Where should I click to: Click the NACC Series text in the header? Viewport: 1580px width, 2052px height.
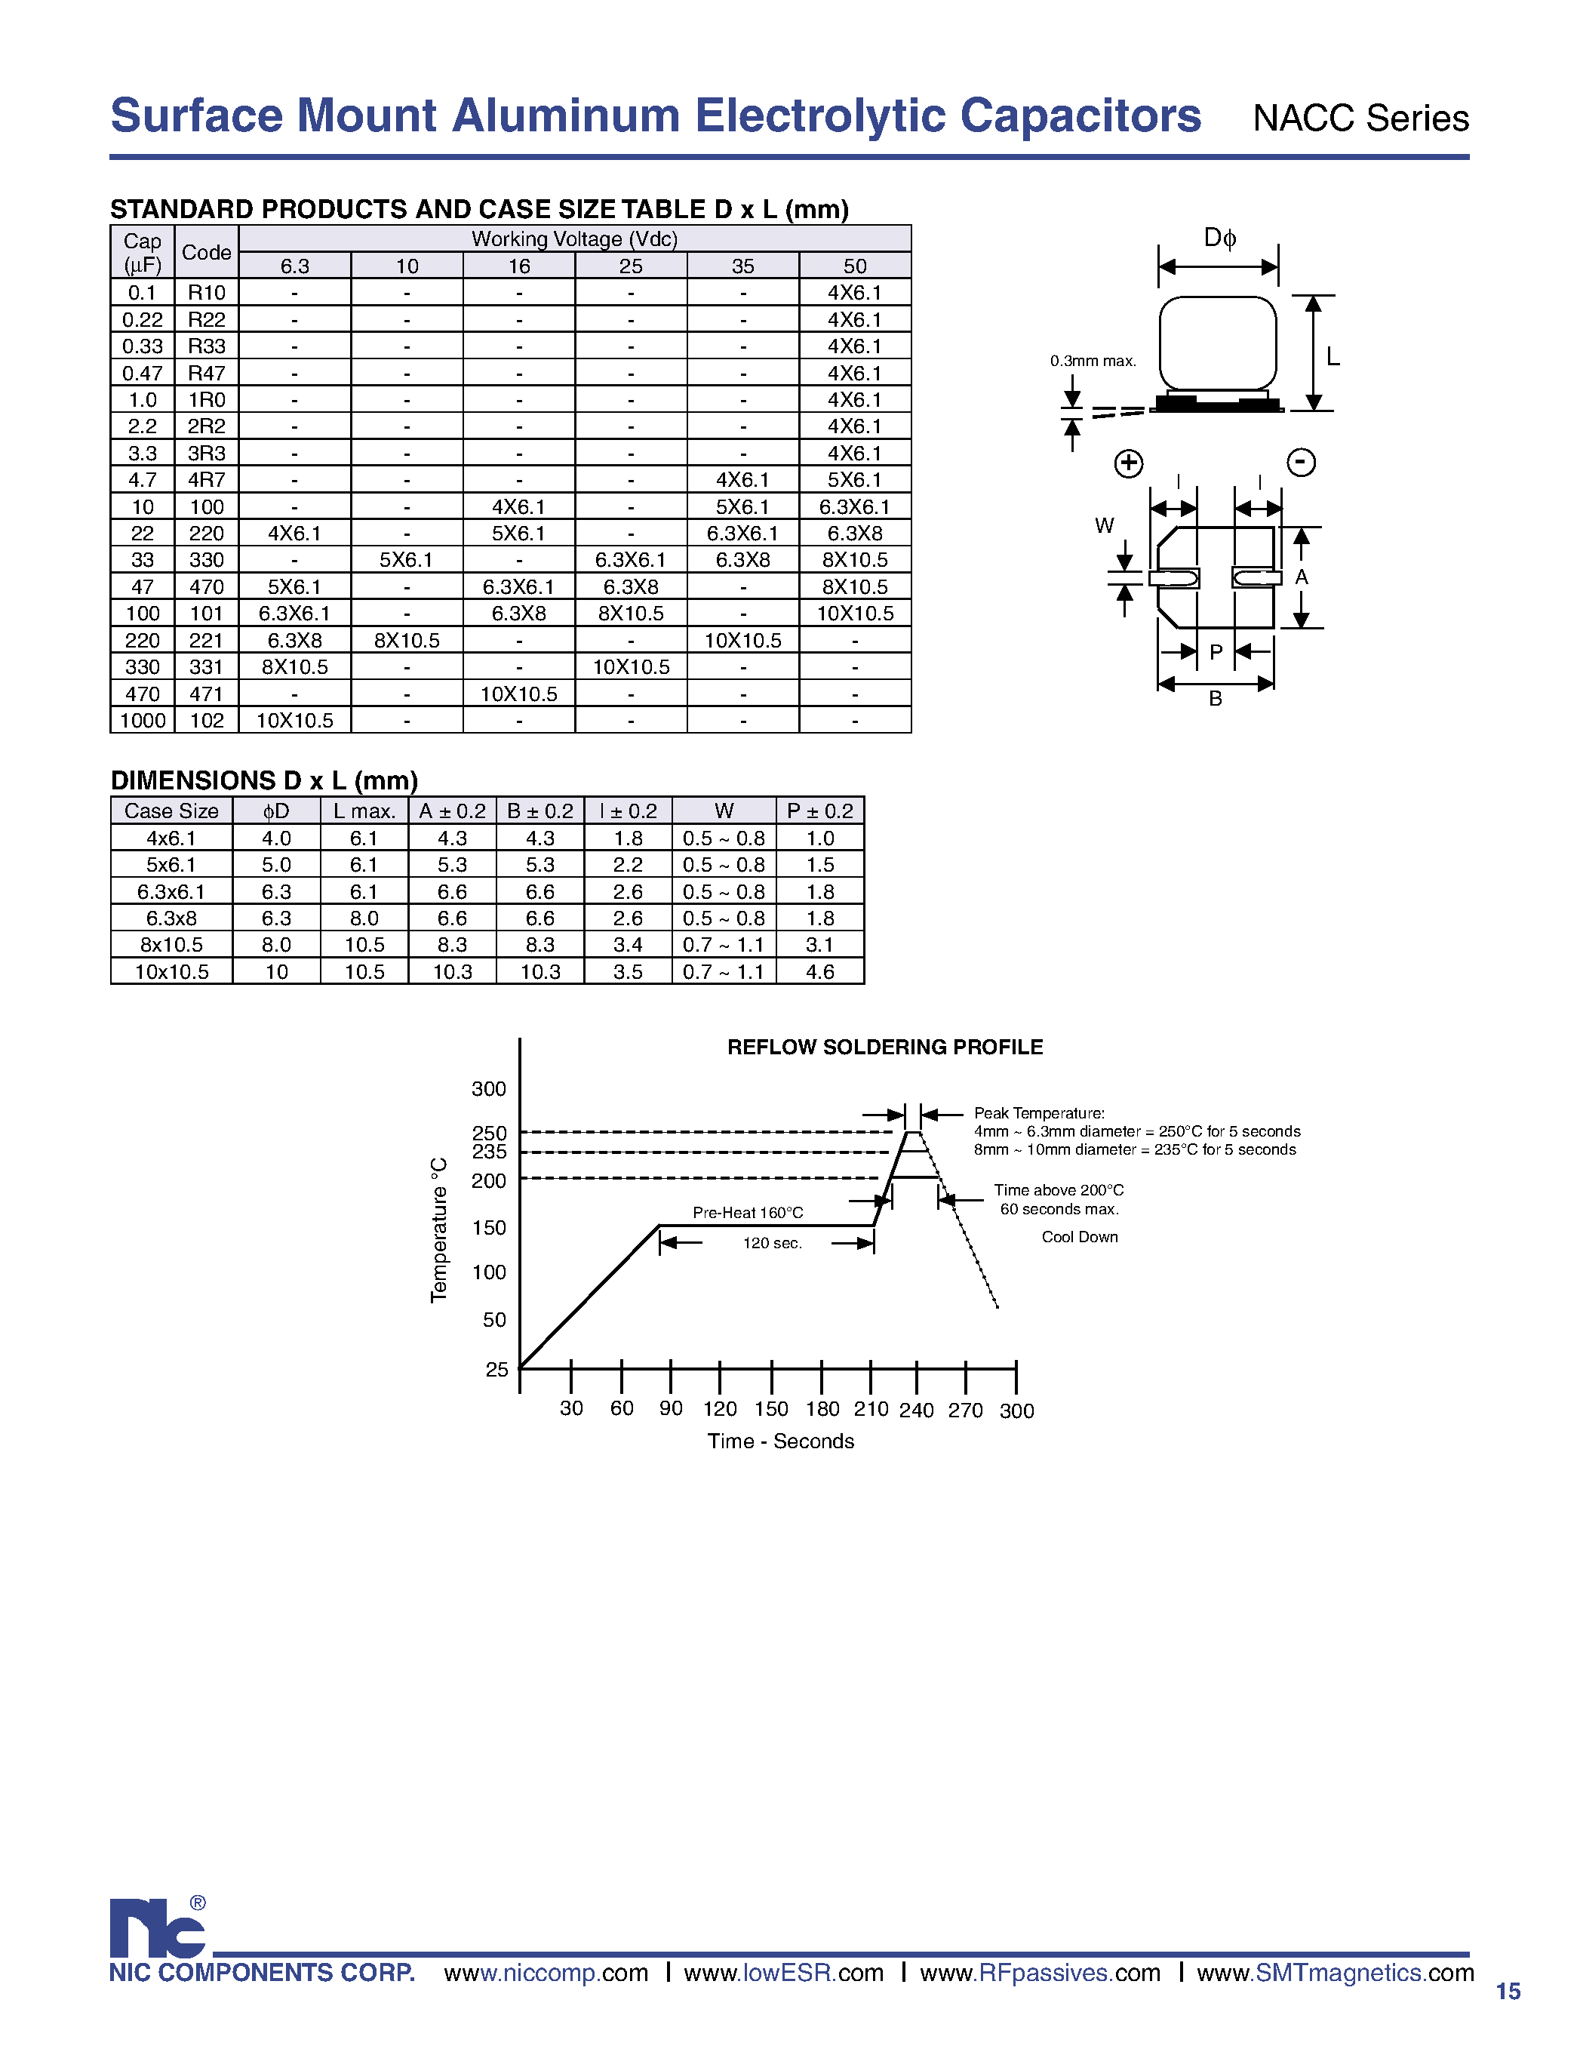click(1360, 118)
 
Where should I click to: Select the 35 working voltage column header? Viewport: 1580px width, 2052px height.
click(742, 266)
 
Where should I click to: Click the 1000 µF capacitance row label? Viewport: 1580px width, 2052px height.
click(143, 721)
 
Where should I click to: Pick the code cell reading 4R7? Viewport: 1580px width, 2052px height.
click(207, 480)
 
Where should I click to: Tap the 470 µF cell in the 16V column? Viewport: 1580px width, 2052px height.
click(518, 694)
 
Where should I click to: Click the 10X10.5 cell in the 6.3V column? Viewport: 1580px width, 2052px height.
click(295, 721)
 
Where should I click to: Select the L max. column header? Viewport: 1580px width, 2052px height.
click(364, 811)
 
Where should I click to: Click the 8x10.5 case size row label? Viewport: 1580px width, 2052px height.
click(171, 945)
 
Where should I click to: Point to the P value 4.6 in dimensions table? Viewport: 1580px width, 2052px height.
click(819, 971)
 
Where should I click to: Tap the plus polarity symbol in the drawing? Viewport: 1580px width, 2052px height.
click(1128, 463)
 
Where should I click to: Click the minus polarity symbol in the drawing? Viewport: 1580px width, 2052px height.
click(1301, 463)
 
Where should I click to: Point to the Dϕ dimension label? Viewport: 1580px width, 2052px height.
click(1219, 238)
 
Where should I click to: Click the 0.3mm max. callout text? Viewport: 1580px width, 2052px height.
click(1093, 361)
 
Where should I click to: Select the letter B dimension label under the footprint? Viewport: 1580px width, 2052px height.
click(1216, 698)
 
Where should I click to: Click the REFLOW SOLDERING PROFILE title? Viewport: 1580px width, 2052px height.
click(885, 1047)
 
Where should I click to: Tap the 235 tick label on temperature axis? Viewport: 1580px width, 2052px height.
click(488, 1152)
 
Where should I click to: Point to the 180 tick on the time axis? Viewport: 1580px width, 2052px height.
click(822, 1409)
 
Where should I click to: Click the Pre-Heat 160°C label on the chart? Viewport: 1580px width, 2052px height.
click(748, 1213)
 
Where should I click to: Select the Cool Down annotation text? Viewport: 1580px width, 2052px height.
click(1079, 1236)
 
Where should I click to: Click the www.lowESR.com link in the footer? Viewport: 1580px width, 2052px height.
click(783, 1973)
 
